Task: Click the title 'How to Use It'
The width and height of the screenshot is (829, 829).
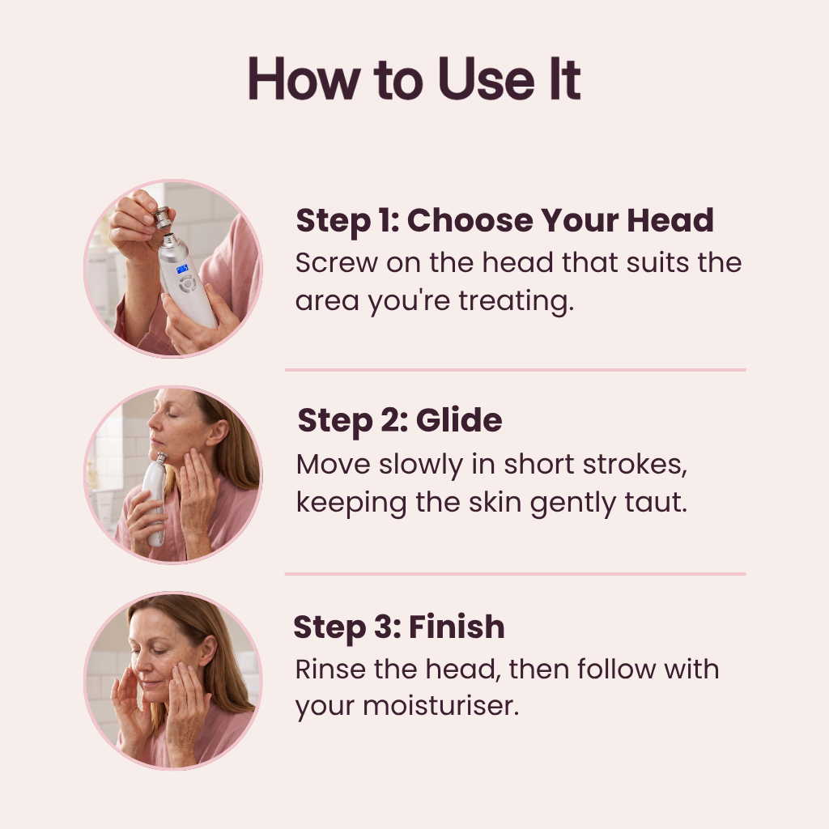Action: point(414,79)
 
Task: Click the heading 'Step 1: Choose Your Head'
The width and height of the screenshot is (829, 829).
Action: point(505,220)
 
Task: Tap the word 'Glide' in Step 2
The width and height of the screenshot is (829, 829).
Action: point(459,420)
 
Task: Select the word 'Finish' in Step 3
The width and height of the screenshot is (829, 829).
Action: point(457,627)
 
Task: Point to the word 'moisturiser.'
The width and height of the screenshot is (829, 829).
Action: point(440,705)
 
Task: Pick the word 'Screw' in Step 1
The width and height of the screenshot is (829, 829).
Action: point(336,263)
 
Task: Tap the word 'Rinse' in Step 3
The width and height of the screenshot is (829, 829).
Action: point(330,669)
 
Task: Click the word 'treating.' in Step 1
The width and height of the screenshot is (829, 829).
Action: point(516,301)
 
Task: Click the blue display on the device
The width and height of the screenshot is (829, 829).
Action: point(182,269)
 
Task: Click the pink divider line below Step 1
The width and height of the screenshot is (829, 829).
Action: point(515,370)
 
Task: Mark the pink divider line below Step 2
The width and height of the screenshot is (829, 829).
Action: point(515,574)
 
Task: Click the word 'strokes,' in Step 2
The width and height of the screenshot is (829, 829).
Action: point(635,465)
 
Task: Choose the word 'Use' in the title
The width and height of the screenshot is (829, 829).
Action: point(487,79)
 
